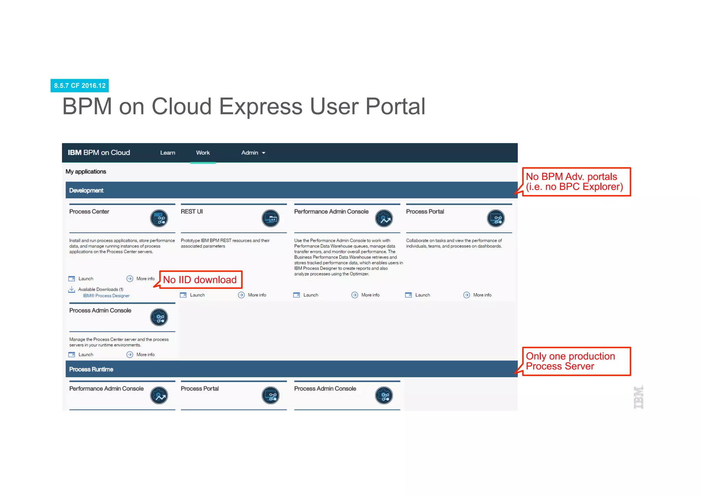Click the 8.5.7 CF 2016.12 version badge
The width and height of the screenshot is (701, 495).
click(80, 86)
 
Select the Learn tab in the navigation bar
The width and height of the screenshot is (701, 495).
click(167, 153)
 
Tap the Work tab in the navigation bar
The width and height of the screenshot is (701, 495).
click(203, 153)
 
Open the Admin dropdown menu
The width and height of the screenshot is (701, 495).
click(253, 153)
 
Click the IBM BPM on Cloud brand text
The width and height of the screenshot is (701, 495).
click(99, 153)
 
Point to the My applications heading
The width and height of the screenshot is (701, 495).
click(86, 171)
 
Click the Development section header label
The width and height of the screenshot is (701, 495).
click(86, 191)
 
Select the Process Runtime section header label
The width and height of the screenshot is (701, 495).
click(91, 369)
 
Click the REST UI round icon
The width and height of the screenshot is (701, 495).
click(270, 218)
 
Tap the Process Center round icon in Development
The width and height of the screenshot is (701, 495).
click(159, 218)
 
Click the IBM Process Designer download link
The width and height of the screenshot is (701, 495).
click(106, 296)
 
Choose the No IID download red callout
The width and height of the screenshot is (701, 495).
click(200, 280)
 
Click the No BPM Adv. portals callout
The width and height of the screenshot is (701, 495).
click(576, 182)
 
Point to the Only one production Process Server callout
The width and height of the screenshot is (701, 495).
click(576, 361)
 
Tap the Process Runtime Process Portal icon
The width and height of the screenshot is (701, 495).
click(270, 395)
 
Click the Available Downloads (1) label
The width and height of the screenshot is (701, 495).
click(100, 289)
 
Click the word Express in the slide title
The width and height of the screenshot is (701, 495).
click(260, 106)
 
